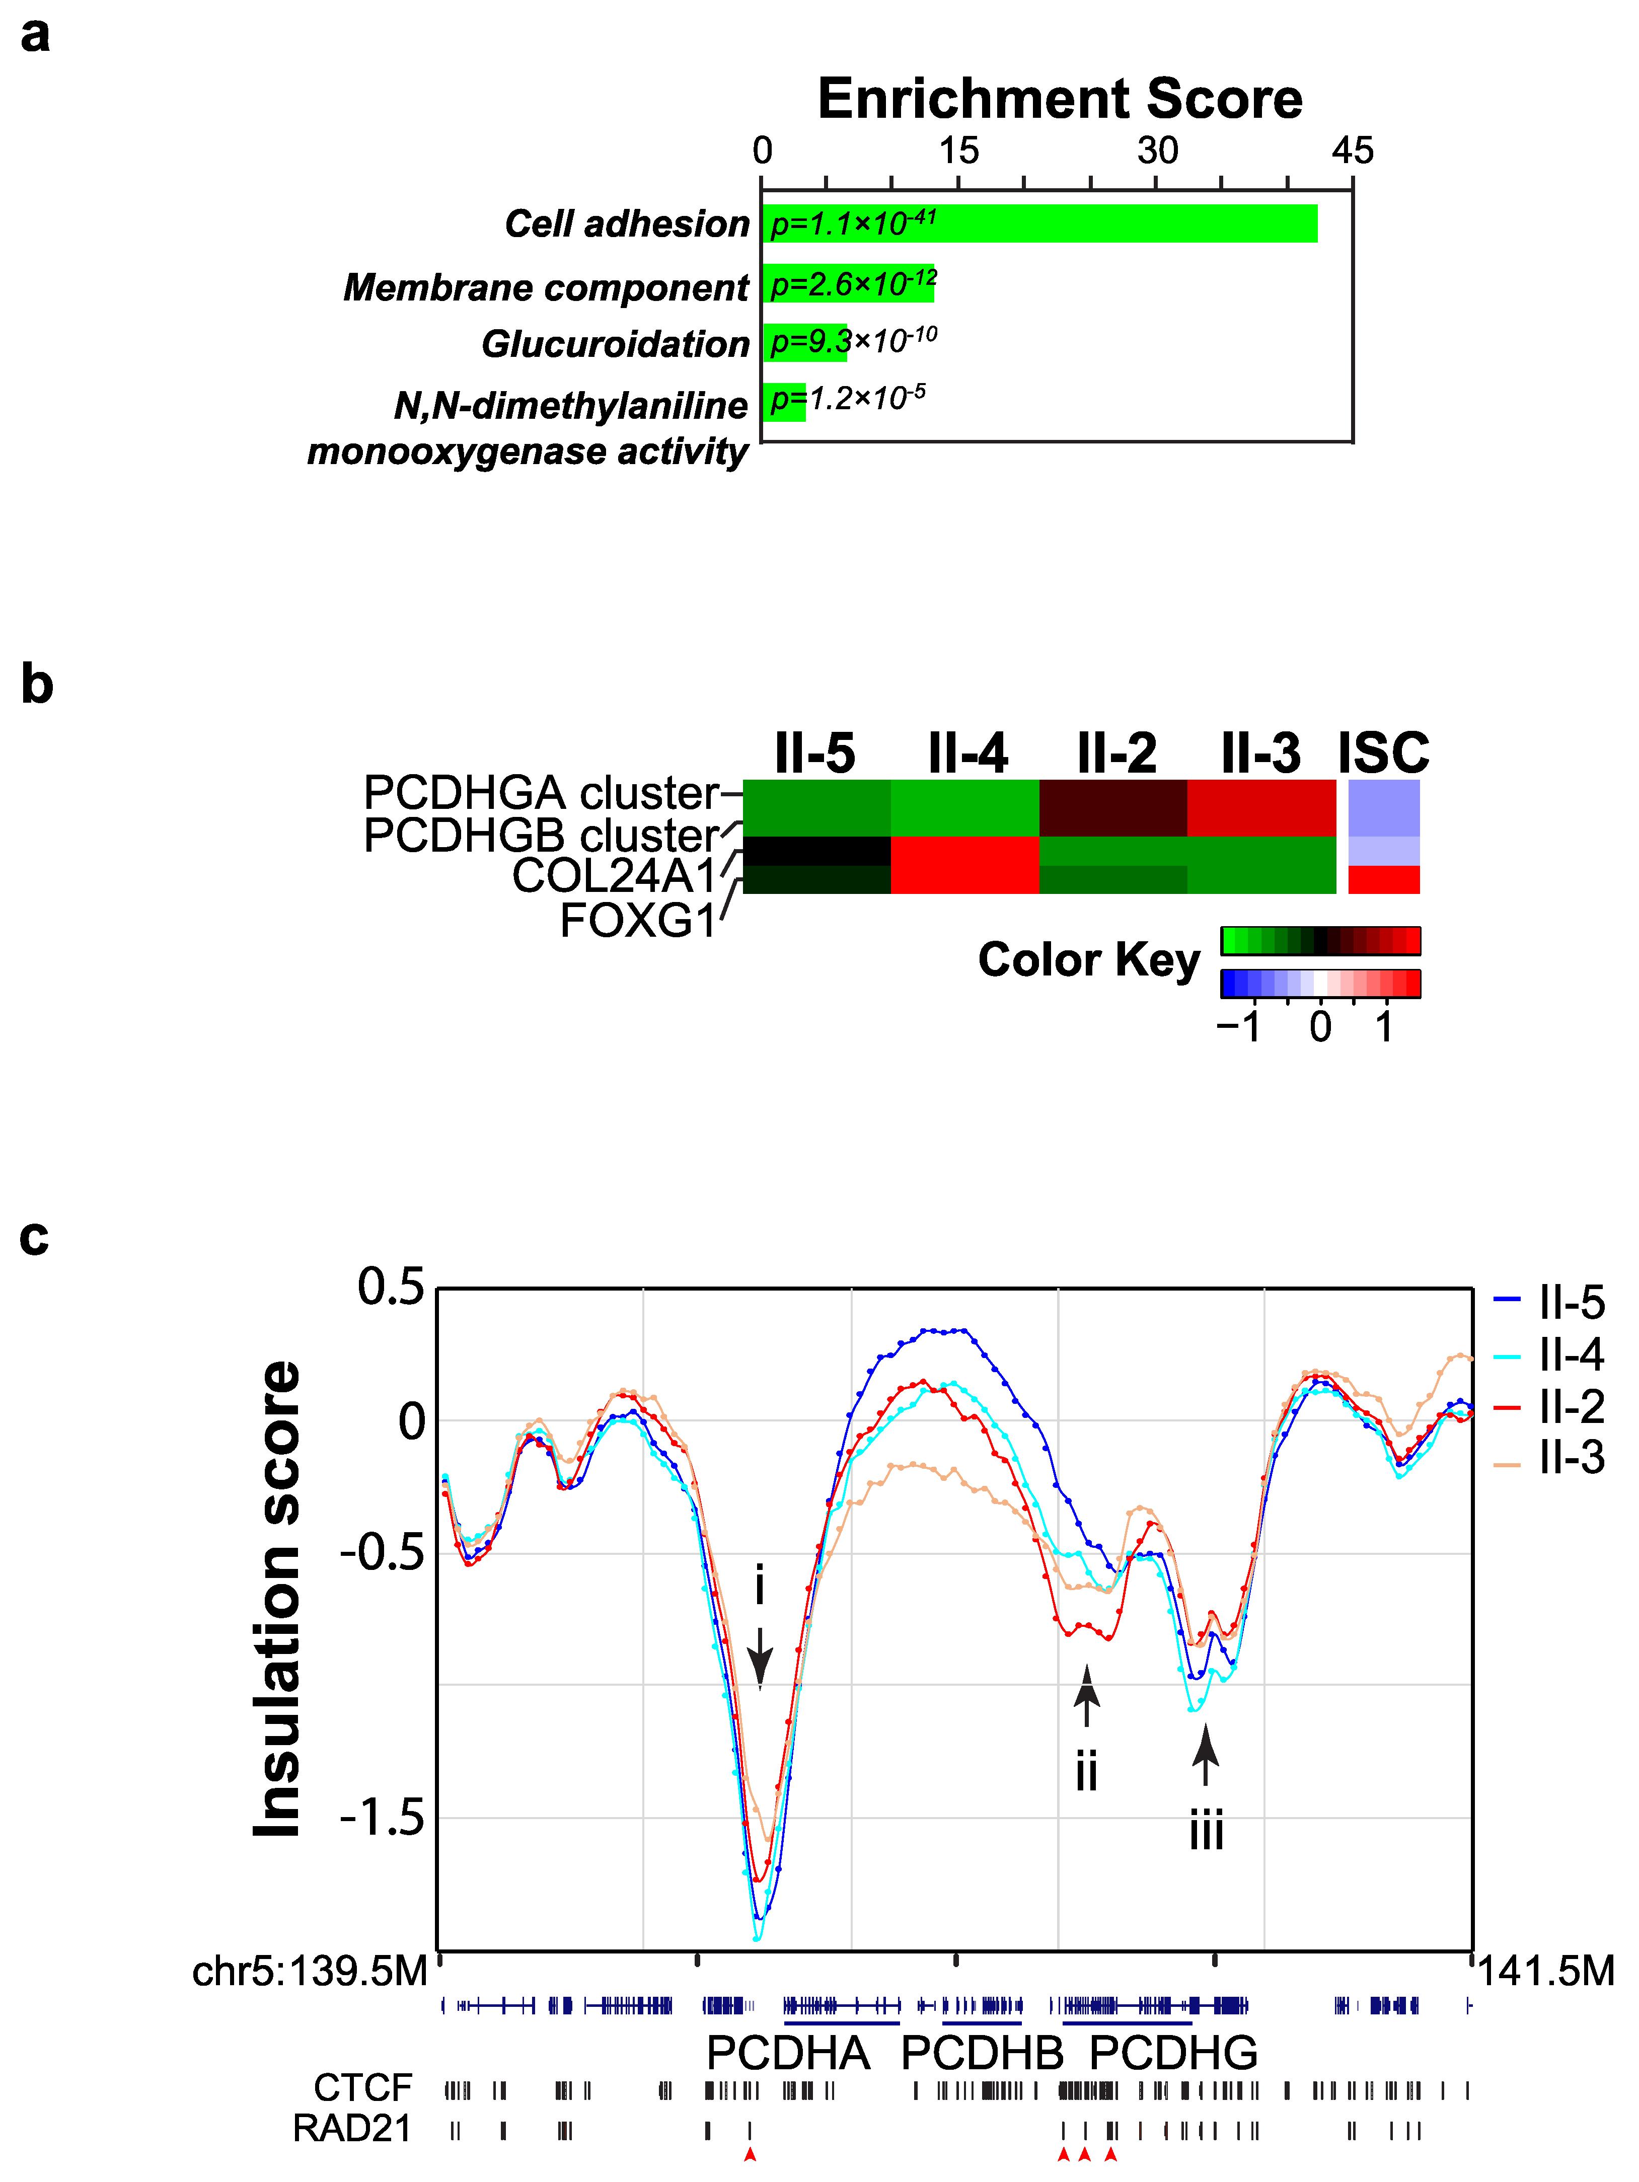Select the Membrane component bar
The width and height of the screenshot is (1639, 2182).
[849, 284]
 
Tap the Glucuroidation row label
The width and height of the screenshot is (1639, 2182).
[616, 344]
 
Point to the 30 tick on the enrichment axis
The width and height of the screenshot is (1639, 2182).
[1156, 151]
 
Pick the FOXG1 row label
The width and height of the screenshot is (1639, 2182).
[637, 921]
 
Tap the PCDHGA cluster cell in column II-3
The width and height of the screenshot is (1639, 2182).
[1261, 808]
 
